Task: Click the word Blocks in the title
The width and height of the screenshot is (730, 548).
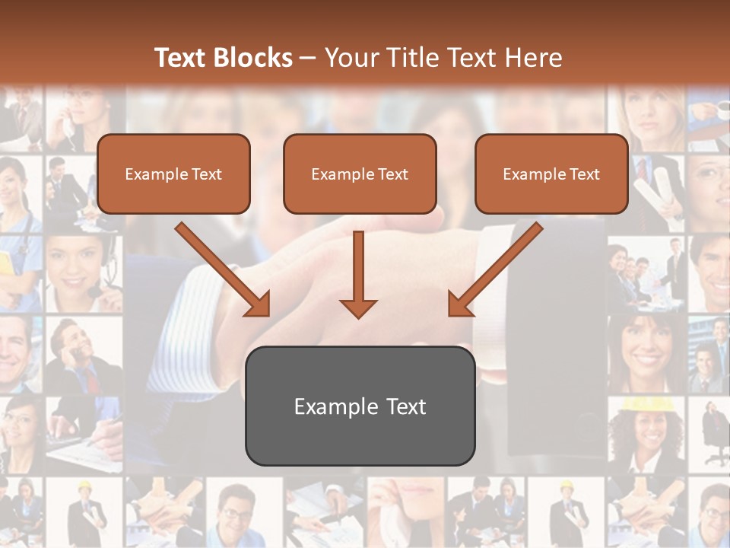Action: point(255,58)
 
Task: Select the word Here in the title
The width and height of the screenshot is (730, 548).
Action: point(533,58)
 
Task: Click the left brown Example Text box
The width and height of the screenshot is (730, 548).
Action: point(173,174)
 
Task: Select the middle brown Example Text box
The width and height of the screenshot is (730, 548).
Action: point(360,174)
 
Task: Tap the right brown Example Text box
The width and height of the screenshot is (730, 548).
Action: point(551,174)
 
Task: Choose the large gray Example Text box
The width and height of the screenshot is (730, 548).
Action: point(360,406)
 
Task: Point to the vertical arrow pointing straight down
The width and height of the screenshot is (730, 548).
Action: point(358,275)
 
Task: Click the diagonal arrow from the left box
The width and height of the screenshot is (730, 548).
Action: point(223,269)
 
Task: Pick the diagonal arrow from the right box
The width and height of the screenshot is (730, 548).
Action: point(495,269)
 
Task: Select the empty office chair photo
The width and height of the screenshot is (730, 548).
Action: point(712,434)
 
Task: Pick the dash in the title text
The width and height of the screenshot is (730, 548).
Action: point(308,58)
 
